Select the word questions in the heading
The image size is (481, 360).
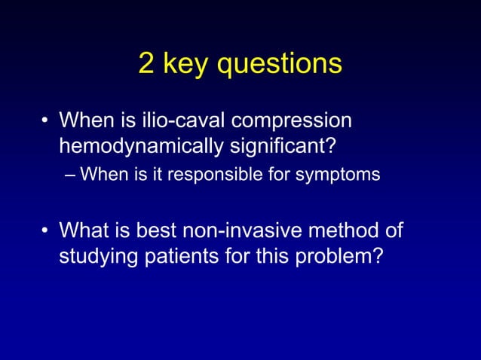point(278,66)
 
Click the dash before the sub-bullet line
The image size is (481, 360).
point(70,175)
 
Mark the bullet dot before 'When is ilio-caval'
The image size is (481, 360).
point(46,121)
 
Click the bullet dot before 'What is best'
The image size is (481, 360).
point(46,229)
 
